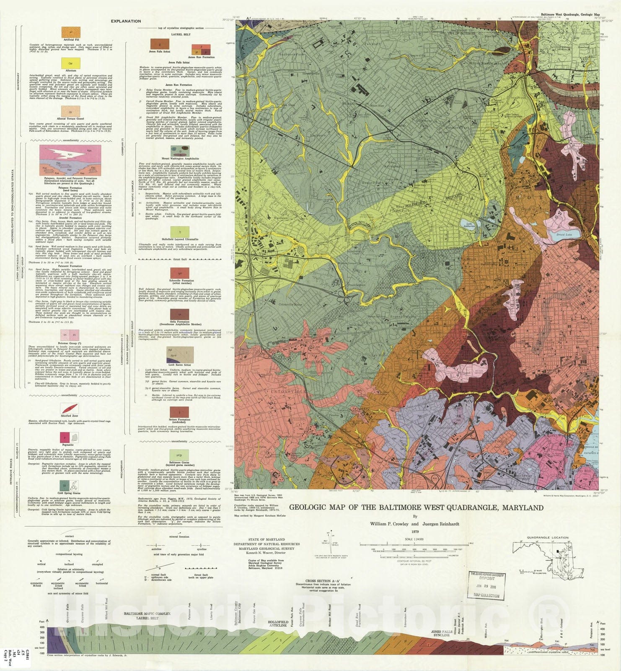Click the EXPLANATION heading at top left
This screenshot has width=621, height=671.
pos(126,21)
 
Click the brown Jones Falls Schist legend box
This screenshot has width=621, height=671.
pos(160,44)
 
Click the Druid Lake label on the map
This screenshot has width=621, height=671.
pos(564,234)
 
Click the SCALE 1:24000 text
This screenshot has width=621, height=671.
pos(414,539)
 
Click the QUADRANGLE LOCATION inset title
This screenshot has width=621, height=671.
pos(548,537)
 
